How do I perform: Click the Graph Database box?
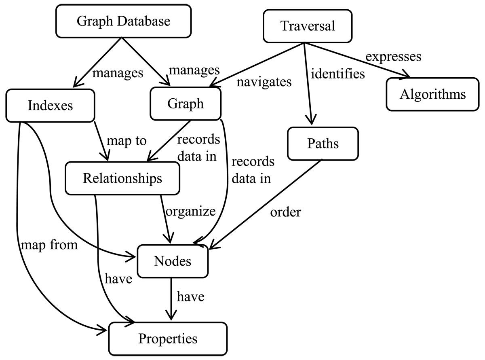123,21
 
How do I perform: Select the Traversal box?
308,26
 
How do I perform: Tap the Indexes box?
51,105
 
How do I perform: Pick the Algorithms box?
432,95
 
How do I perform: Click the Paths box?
323,144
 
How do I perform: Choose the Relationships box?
122,178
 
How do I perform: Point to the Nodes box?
173,261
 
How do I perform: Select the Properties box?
168,338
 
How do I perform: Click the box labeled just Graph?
186,104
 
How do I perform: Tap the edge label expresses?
393,56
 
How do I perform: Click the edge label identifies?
337,74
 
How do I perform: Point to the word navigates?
264,82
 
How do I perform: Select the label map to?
126,141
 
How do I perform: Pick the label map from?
48,245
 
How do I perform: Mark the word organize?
190,211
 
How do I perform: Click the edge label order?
286,212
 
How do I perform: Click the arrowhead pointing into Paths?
311,121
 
